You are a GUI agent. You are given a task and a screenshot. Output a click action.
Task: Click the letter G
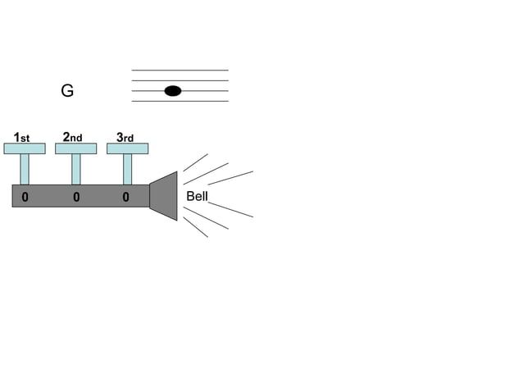[x=67, y=91]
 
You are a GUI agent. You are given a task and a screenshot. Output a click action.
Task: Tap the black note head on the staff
[x=172, y=91]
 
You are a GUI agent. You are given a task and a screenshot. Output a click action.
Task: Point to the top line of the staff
[x=180, y=71]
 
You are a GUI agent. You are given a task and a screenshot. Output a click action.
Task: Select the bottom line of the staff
[x=180, y=102]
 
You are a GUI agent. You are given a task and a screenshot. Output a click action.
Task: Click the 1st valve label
[x=22, y=138]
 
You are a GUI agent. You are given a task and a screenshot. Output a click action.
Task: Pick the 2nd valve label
[x=73, y=138]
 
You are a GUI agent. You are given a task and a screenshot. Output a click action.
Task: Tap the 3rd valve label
[x=125, y=138]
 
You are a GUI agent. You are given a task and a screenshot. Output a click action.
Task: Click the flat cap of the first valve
[x=25, y=148]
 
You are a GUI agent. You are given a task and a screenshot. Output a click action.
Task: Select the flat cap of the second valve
[x=75, y=148]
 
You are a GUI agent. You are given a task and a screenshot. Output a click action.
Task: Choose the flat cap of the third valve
[x=127, y=148]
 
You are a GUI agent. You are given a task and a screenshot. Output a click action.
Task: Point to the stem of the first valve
[x=25, y=169]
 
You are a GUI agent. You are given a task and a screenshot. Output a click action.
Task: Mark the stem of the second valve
[x=75, y=169]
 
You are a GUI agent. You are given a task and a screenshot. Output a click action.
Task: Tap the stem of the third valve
[x=127, y=169]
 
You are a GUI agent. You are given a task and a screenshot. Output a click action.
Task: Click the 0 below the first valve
[x=25, y=197]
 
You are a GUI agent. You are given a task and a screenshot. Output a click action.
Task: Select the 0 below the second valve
[x=75, y=197]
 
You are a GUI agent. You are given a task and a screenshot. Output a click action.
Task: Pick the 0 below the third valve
[x=125, y=197]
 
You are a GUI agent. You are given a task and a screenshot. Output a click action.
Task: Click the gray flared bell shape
[x=164, y=196]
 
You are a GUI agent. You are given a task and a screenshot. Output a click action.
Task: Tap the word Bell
[x=198, y=196]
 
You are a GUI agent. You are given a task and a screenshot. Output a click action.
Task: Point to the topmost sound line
[x=195, y=162]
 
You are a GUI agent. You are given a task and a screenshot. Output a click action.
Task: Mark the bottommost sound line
[x=195, y=226]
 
